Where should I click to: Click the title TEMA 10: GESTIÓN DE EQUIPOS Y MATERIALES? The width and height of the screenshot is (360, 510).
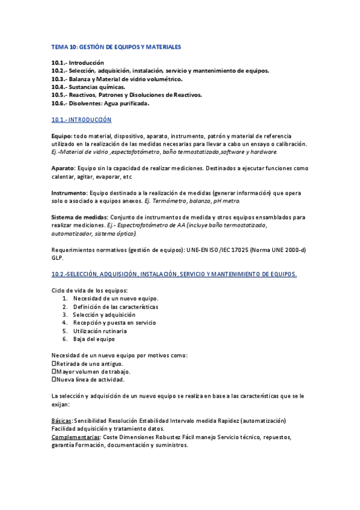[116, 46]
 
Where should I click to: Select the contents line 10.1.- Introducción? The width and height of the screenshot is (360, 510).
[78, 63]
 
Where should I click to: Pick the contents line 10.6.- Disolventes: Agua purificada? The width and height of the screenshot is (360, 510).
[100, 103]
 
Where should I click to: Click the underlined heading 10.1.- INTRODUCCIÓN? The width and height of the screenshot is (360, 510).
[81, 120]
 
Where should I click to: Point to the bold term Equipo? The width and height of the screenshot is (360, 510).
[62, 136]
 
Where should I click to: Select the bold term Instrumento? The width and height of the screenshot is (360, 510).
[69, 192]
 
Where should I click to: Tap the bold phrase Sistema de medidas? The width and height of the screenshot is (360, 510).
[79, 217]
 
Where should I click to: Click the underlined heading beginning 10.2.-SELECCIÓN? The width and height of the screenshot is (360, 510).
[174, 274]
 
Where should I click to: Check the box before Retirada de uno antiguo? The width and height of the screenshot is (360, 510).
[53, 363]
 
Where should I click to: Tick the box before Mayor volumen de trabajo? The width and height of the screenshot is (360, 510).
[53, 372]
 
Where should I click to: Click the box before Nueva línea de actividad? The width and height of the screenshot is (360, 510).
[53, 379]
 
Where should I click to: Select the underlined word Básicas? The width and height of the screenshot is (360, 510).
[62, 420]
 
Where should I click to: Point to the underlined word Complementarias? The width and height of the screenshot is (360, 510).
[75, 437]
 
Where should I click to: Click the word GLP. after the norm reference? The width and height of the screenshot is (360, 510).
[58, 257]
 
